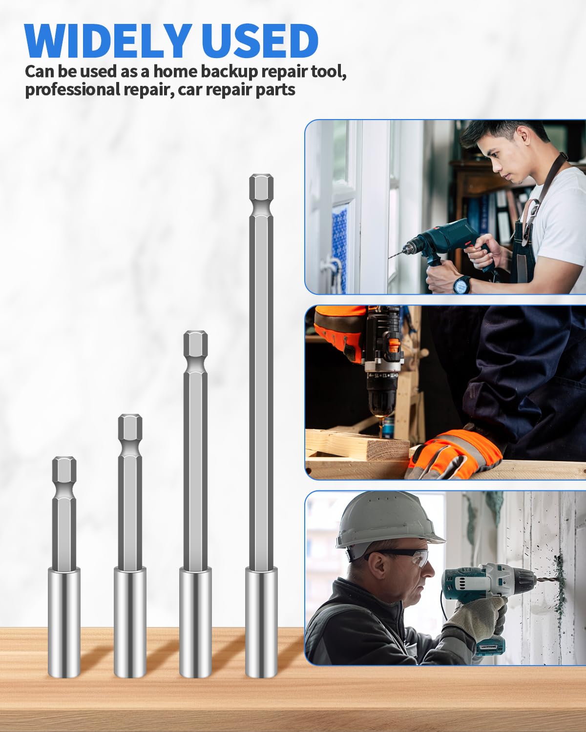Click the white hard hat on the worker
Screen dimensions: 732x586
pos(386,519)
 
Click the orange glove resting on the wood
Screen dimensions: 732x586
pos(454,454)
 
